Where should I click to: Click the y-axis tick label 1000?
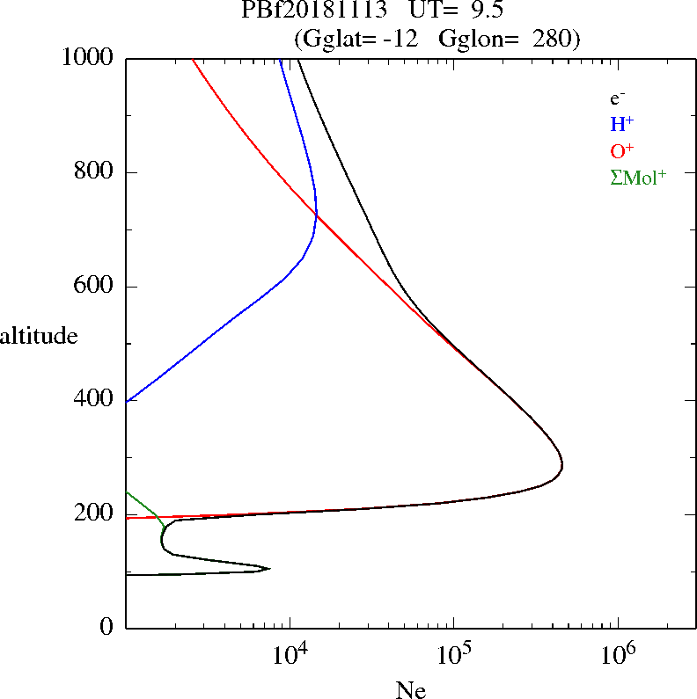pos(89,58)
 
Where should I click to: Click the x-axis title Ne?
pos(410,689)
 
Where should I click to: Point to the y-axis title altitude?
pos(39,336)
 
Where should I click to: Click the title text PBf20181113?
pos(313,11)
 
